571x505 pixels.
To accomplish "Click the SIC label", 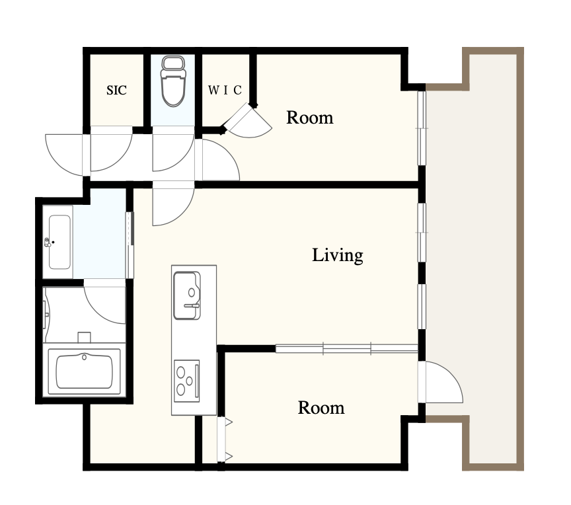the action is coord(116,90).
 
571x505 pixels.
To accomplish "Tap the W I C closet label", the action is coord(225,90).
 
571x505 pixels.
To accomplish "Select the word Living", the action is coord(338,255).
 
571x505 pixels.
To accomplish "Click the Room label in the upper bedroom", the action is coord(309,118).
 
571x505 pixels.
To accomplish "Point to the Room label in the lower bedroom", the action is coord(321,408).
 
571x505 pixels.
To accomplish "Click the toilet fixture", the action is coord(173,81).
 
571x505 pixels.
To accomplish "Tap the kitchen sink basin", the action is coord(187,295).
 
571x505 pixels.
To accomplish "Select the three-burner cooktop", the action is coord(187,381).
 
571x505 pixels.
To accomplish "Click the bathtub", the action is coord(84,372).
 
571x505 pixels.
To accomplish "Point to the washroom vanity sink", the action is coord(59,242).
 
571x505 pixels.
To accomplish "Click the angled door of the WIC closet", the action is coord(248,121).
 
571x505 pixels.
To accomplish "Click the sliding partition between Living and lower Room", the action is coord(347,349).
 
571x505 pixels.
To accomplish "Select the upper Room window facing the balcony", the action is coord(422,128).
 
